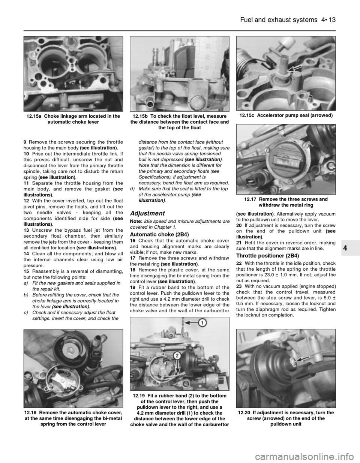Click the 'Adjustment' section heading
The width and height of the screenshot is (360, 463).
[x=147, y=213]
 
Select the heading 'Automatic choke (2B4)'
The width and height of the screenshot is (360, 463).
[x=155, y=234]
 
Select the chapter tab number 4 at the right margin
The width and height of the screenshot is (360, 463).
[x=350, y=248]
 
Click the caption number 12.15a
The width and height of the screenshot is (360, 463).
[x=34, y=116]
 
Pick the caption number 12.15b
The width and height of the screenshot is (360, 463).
[x=140, y=116]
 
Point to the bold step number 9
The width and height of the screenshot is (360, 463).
[x=25, y=142]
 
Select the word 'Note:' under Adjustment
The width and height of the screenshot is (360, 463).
[x=135, y=222]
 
